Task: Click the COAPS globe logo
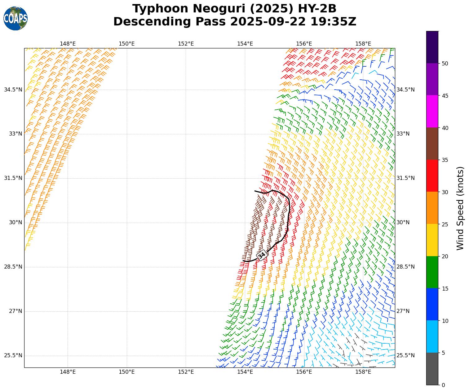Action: [15, 18]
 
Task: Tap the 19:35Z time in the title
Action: [333, 22]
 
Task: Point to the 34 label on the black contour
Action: [262, 255]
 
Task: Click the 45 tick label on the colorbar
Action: [445, 96]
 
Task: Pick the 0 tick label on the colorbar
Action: [443, 385]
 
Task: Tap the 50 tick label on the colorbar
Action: [445, 64]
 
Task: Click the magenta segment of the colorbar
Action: [432, 111]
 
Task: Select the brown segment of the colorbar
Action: [432, 144]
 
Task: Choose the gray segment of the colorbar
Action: [432, 369]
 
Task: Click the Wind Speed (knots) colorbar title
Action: [461, 208]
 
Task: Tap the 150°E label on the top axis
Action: [127, 44]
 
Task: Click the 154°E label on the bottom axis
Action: [245, 372]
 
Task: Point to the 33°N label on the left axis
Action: [15, 134]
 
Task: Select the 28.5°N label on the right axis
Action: [405, 267]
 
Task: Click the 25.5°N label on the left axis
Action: [13, 356]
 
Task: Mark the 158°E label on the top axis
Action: [363, 44]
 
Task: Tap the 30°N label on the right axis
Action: [403, 223]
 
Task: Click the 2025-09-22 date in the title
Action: [268, 22]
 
